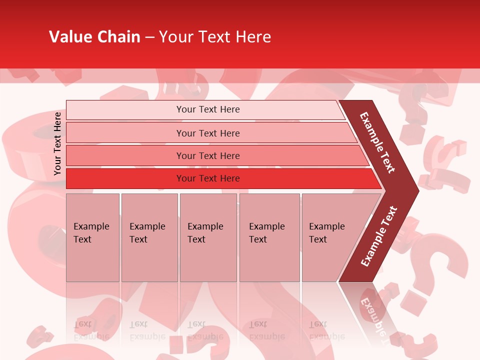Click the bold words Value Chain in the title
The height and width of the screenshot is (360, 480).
click(94, 37)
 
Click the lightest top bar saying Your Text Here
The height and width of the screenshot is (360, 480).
click(207, 109)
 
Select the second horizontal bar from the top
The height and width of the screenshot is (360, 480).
click(207, 133)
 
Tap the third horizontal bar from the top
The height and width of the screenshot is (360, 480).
click(207, 155)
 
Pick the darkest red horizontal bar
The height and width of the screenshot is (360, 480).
click(207, 178)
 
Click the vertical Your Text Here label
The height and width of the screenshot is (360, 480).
click(57, 143)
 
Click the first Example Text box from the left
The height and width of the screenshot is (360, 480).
click(92, 237)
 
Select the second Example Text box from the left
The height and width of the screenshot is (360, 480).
click(149, 237)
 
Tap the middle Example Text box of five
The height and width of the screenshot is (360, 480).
click(207, 237)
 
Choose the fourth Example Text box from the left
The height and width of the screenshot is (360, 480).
click(269, 237)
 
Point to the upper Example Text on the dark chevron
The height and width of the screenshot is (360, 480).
click(378, 142)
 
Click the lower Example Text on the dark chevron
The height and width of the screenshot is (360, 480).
click(378, 236)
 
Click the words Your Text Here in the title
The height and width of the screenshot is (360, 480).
click(215, 37)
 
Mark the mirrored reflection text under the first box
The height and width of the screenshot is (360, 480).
click(91, 330)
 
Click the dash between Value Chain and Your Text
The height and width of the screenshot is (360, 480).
click(149, 37)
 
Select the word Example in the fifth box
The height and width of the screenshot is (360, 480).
click(326, 226)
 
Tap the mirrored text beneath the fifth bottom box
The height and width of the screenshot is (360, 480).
click(326, 330)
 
